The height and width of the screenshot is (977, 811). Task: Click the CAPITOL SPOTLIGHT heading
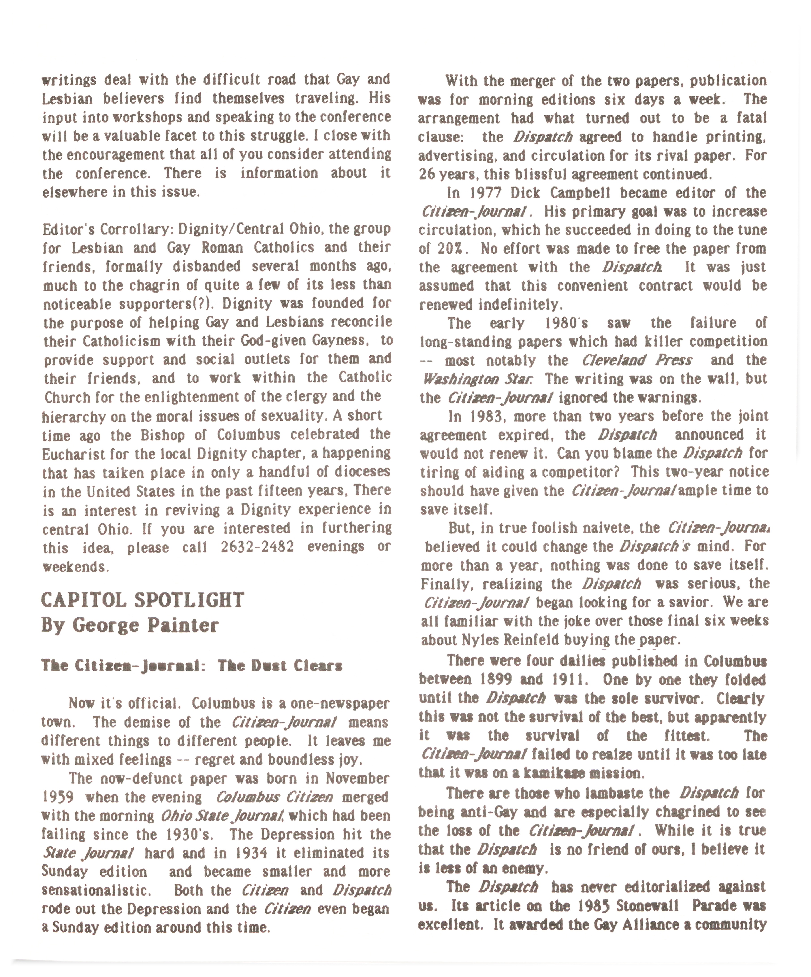(x=143, y=600)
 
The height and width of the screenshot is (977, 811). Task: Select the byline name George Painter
(x=145, y=625)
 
